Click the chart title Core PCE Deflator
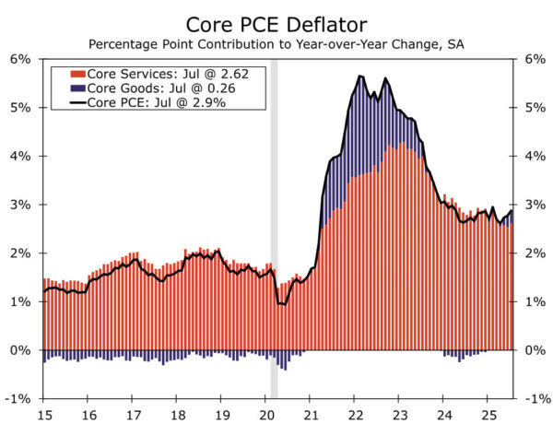(276, 22)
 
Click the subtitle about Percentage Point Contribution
(276, 43)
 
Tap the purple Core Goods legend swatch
(78, 88)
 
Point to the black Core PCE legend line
(78, 101)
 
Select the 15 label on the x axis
(43, 413)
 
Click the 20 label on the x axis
(266, 413)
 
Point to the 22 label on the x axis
(356, 413)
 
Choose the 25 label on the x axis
(489, 413)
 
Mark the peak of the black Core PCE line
(359, 76)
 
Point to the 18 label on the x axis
(177, 413)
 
